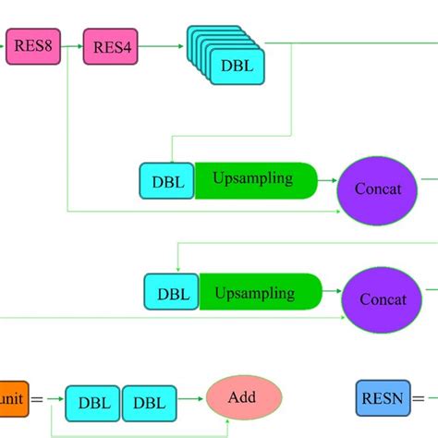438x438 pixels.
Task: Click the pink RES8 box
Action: [x=31, y=45]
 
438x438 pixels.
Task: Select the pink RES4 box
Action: [x=111, y=45]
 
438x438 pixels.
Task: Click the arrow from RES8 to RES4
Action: [x=71, y=45]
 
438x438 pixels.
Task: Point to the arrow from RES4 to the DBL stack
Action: [x=163, y=45]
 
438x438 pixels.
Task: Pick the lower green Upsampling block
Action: [x=260, y=292]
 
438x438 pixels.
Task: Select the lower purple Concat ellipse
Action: [x=382, y=299]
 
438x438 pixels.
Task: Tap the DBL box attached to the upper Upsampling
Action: [x=167, y=182]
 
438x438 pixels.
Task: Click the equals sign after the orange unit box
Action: [x=38, y=399]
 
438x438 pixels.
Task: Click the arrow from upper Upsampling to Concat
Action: [x=327, y=181]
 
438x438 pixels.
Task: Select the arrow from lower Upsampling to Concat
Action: [x=333, y=294]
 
